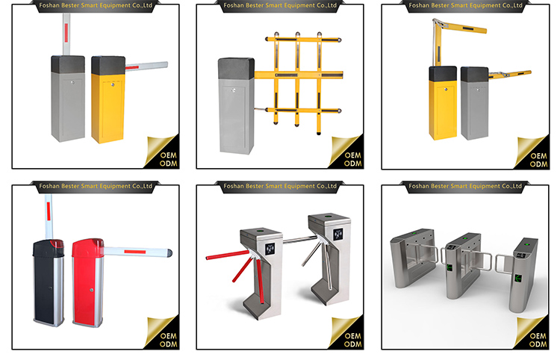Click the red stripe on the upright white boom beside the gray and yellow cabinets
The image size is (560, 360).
click(x=66, y=32)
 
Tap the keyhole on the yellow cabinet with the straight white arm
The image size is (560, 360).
click(x=113, y=84)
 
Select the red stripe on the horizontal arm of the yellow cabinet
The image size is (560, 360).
click(x=131, y=67)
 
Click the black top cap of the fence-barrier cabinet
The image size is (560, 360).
click(x=237, y=68)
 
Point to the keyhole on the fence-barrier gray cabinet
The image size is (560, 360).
click(x=233, y=90)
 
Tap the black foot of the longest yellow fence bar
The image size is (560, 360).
click(x=319, y=133)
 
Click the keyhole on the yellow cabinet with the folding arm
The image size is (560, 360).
click(x=445, y=89)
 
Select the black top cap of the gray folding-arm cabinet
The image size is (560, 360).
click(x=474, y=74)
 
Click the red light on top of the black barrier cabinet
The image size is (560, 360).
click(x=57, y=244)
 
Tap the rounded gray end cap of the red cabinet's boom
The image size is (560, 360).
click(x=169, y=253)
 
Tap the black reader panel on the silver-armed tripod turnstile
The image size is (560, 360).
click(x=337, y=235)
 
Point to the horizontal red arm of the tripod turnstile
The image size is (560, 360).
click(x=228, y=255)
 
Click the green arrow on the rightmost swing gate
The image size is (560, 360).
click(x=518, y=278)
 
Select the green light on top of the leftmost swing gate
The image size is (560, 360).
click(x=414, y=233)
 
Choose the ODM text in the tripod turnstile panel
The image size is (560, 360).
click(x=353, y=344)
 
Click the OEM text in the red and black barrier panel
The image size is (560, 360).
click(x=168, y=336)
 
